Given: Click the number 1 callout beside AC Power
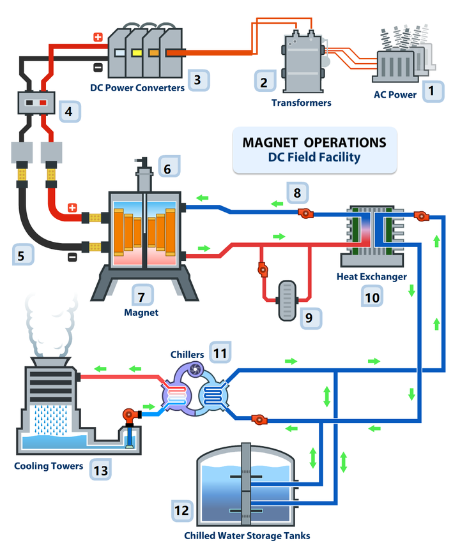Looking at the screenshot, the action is tap(433, 91).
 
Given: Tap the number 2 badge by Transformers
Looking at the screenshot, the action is tap(265, 81).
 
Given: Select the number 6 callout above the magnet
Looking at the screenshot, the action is tap(169, 167).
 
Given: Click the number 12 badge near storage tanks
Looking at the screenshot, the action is tap(182, 511).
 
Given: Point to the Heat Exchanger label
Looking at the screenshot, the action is tap(372, 277).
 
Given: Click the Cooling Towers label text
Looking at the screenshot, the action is tap(49, 466).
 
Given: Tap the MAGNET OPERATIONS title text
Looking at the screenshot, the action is tap(314, 142).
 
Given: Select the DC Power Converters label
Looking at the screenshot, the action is tap(137, 88).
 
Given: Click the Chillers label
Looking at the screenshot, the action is tap(187, 355).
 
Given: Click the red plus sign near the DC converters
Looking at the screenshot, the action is tap(98, 37).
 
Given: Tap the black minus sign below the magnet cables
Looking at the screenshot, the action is tap(72, 257).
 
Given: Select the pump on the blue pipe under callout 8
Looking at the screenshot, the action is tap(306, 213).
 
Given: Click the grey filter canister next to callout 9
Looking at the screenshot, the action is tap(287, 301).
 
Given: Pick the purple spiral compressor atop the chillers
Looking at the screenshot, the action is tap(195, 370).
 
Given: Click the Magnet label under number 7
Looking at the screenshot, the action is tap(141, 313).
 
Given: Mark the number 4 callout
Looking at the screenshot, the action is tap(70, 112).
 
